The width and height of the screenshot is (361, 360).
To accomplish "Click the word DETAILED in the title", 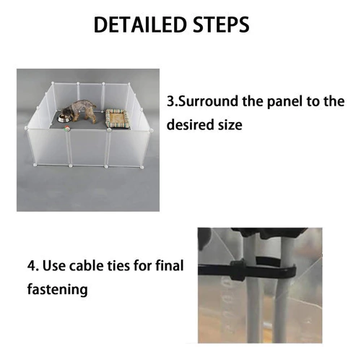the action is [140, 25].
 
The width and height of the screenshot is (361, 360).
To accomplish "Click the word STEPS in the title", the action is [221, 25].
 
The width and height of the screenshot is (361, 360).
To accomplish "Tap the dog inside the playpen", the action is [78, 111].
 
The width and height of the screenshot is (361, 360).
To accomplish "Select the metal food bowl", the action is [63, 119].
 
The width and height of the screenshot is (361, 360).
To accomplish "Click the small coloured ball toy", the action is [66, 129].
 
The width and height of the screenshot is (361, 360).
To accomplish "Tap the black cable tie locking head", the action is [238, 270].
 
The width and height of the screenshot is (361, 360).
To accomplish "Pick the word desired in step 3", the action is [190, 125].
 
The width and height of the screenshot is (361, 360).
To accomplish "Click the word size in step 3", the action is [230, 125].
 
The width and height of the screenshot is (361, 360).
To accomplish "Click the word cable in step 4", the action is [85, 265].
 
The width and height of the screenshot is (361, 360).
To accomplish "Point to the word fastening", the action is [57, 289].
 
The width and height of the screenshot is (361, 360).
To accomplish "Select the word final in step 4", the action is [170, 265].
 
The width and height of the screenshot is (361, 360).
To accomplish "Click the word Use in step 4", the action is [54, 266].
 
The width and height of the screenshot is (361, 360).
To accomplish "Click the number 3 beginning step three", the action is [170, 101].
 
